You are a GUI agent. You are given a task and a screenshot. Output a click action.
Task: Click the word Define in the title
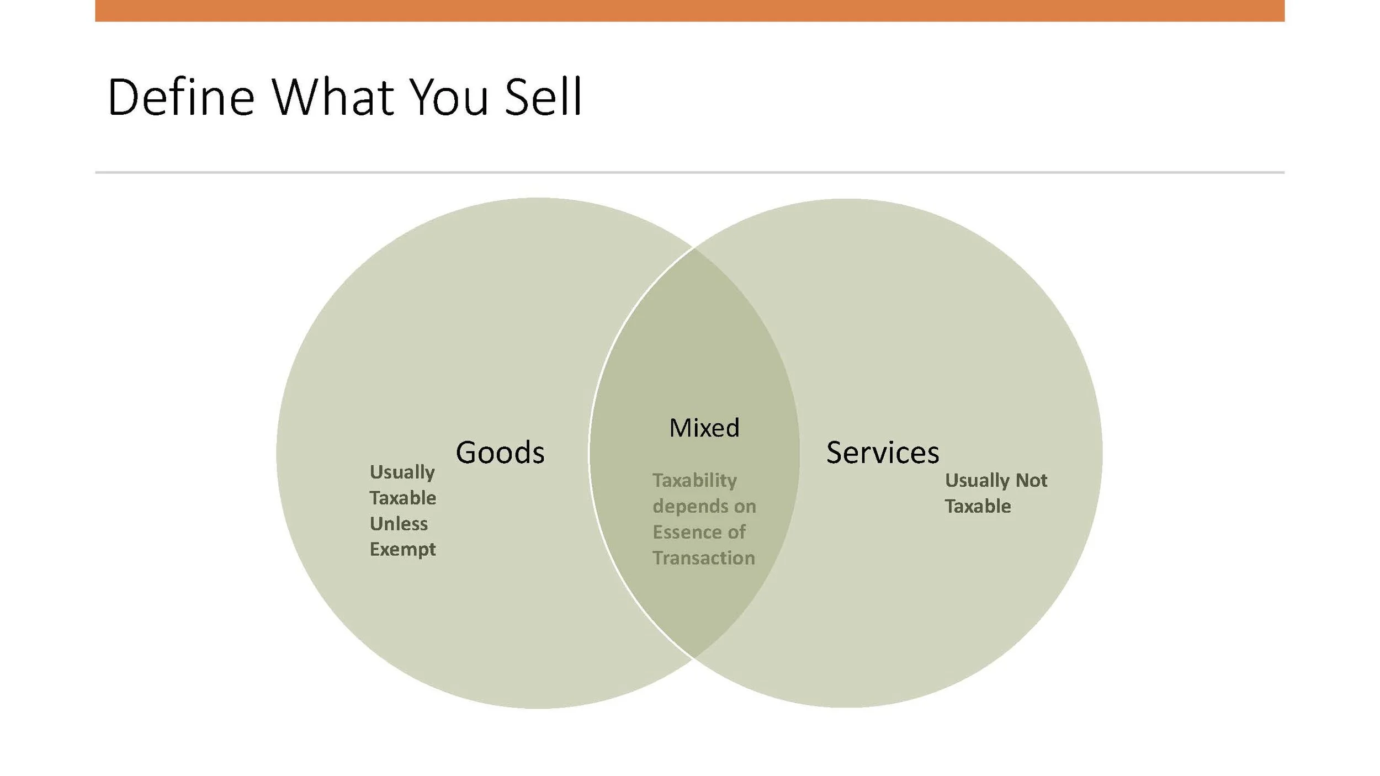181,98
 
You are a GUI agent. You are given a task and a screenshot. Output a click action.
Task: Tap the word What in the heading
332,98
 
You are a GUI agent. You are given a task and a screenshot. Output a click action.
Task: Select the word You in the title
449,98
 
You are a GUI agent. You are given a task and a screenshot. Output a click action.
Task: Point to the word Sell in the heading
543,98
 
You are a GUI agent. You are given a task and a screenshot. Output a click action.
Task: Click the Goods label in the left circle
500,453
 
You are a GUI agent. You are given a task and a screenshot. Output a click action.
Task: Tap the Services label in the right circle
882,453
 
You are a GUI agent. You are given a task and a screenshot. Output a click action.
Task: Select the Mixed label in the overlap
704,428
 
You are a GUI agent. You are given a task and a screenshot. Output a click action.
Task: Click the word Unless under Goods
399,524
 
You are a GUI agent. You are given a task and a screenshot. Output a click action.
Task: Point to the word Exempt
402,550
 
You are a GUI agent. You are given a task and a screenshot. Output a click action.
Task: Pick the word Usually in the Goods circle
402,472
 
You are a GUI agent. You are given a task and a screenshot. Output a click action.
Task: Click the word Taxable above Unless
402,498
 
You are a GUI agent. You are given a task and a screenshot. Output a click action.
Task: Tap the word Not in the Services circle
1031,481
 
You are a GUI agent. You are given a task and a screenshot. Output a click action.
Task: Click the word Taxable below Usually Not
978,506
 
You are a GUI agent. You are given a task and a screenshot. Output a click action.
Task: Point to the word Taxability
694,481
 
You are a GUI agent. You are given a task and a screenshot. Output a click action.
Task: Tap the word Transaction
703,558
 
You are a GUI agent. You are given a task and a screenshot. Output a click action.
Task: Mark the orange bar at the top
689,10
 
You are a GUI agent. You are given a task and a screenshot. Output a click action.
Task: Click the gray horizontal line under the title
689,172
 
